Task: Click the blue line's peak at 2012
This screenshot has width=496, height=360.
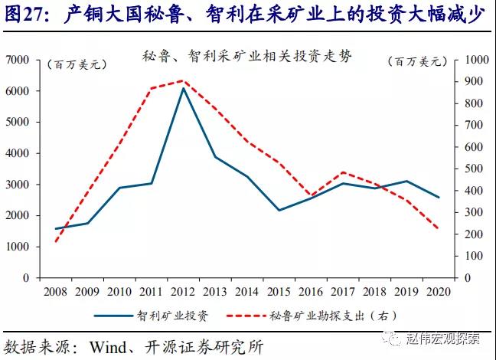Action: pos(182,88)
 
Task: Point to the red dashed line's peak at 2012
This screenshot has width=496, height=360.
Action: pos(182,80)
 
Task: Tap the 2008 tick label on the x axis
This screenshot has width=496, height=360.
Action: pos(55,291)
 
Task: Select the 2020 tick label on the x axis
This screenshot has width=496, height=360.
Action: pos(437,291)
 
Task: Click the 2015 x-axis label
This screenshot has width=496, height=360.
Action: pos(278,291)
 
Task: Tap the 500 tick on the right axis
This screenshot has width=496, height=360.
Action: pos(467,169)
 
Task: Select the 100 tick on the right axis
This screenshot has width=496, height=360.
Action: pos(467,256)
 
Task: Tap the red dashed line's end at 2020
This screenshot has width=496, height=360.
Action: pos(437,228)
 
